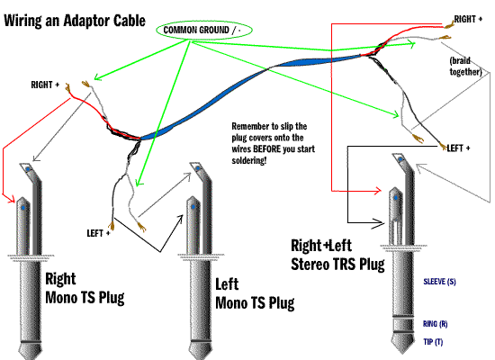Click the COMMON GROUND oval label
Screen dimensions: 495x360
click(x=204, y=31)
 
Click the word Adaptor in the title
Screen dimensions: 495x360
click(x=85, y=21)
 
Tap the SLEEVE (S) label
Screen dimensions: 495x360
click(x=439, y=282)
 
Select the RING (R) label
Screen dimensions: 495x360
click(x=435, y=324)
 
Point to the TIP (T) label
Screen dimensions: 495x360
click(x=433, y=342)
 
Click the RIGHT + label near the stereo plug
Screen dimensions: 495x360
click(x=468, y=19)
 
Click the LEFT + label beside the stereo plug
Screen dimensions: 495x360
click(x=458, y=148)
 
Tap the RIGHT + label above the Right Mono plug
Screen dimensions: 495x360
click(x=45, y=85)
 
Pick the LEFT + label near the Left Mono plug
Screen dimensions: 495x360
click(x=98, y=233)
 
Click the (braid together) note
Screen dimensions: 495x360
click(x=465, y=66)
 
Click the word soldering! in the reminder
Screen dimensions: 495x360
click(x=249, y=160)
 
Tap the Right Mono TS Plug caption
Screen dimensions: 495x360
click(x=85, y=288)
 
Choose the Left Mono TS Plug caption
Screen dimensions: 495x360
click(x=255, y=294)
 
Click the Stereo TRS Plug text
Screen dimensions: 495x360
click(x=337, y=264)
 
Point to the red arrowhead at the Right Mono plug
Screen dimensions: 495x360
click(x=12, y=199)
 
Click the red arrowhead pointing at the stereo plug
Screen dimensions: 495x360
click(x=378, y=191)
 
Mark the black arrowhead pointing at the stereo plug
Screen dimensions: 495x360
click(x=379, y=223)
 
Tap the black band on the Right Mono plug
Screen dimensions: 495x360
click(x=31, y=342)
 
